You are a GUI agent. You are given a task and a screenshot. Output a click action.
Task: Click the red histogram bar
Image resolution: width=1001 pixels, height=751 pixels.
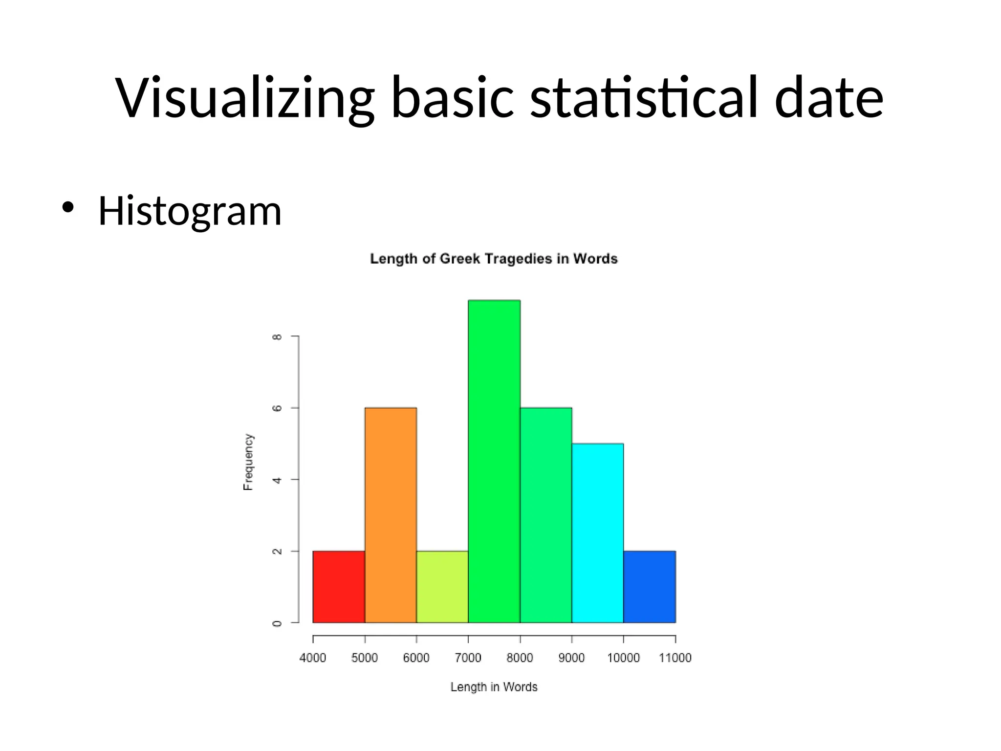[x=339, y=587]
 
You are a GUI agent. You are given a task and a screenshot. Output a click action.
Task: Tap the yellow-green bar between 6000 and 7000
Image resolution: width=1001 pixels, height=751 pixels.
[x=442, y=587]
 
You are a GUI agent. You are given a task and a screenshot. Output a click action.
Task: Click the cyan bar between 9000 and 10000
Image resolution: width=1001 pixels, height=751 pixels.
[x=597, y=533]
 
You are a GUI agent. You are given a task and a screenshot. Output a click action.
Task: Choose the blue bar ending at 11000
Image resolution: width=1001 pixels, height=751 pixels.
[x=650, y=587]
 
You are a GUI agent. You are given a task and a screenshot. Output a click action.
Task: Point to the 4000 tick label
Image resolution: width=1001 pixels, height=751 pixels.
[x=313, y=658]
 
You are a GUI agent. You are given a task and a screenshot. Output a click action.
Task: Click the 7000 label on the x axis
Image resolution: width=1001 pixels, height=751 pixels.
[x=468, y=658]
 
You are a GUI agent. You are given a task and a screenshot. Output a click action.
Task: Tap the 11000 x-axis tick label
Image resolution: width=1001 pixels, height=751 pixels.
[x=675, y=658]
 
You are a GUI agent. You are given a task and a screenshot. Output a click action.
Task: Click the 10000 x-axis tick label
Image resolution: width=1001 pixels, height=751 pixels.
[x=623, y=658]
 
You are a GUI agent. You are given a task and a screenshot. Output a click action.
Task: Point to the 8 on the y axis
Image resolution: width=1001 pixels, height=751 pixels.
[x=277, y=337]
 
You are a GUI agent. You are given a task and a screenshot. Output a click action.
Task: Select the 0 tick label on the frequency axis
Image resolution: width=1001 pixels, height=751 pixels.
[x=277, y=623]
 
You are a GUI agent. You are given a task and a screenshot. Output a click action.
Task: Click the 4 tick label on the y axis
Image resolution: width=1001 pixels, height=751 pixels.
[x=277, y=480]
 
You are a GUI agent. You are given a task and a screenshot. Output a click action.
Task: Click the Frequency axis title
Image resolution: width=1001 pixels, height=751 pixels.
[x=248, y=462]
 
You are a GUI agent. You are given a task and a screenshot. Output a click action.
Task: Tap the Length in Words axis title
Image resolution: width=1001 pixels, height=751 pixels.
[x=494, y=687]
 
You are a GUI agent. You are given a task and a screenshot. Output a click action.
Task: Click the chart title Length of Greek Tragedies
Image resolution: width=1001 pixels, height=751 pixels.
[x=494, y=259]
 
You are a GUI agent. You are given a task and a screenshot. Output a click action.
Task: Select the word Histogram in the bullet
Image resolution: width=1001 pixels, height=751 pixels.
[x=190, y=211]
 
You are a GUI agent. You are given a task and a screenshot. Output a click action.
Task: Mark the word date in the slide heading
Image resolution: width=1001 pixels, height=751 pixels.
[x=829, y=98]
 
